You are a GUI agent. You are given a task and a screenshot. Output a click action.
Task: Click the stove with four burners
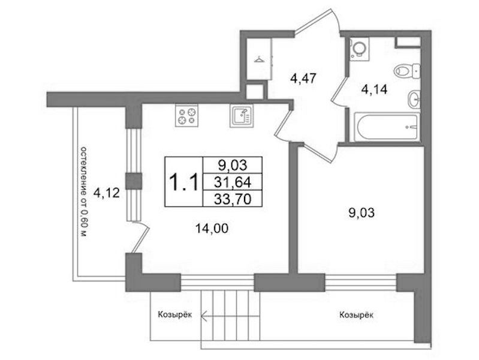click(x=186, y=115)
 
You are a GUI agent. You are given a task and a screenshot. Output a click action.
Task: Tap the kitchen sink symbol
click(x=242, y=116)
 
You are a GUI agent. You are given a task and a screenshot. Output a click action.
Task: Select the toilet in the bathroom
click(x=407, y=71)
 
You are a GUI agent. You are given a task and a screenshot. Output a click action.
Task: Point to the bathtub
click(x=387, y=127)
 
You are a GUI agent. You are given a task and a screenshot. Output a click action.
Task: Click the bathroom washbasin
click(x=414, y=99)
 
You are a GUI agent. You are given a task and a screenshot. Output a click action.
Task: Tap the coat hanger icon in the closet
click(x=259, y=58)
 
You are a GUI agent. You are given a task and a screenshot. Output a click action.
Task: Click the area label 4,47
click(x=303, y=79)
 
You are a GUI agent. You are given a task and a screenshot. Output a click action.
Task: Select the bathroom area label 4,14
click(x=374, y=89)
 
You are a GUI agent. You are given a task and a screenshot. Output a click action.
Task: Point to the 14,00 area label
click(x=212, y=228)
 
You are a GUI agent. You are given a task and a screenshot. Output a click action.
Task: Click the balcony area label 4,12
click(x=106, y=193)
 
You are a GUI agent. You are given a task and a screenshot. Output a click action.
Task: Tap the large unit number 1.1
click(x=184, y=182)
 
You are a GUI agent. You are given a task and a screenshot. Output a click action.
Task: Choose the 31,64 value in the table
click(x=233, y=182)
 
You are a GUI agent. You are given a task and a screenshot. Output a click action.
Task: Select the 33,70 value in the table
click(x=233, y=199)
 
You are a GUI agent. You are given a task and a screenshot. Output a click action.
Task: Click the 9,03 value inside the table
click(x=233, y=166)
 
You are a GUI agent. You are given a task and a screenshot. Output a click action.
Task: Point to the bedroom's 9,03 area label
click(x=361, y=213)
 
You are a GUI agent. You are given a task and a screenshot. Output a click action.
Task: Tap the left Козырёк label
click(x=174, y=315)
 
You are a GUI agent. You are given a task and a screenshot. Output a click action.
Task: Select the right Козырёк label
click(x=356, y=315)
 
